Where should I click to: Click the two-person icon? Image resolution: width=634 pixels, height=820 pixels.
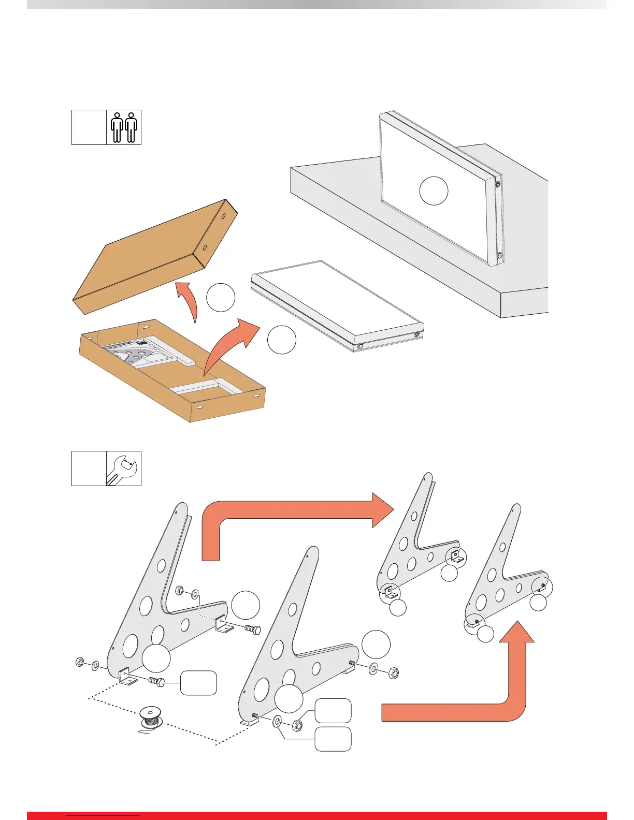coord(124,127)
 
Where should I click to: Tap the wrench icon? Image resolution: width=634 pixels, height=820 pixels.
coord(124,468)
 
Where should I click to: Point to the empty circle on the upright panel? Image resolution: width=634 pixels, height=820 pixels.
coord(434,191)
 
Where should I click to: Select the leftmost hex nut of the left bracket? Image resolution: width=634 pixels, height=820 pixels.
coord(80,662)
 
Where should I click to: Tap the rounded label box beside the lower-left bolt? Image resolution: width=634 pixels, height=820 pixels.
coord(198,683)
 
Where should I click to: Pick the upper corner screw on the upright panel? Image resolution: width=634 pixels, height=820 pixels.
coord(498,185)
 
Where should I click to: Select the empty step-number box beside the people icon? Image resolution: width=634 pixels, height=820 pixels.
coord(89,127)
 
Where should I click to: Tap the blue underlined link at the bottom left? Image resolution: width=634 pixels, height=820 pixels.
coord(104,816)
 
